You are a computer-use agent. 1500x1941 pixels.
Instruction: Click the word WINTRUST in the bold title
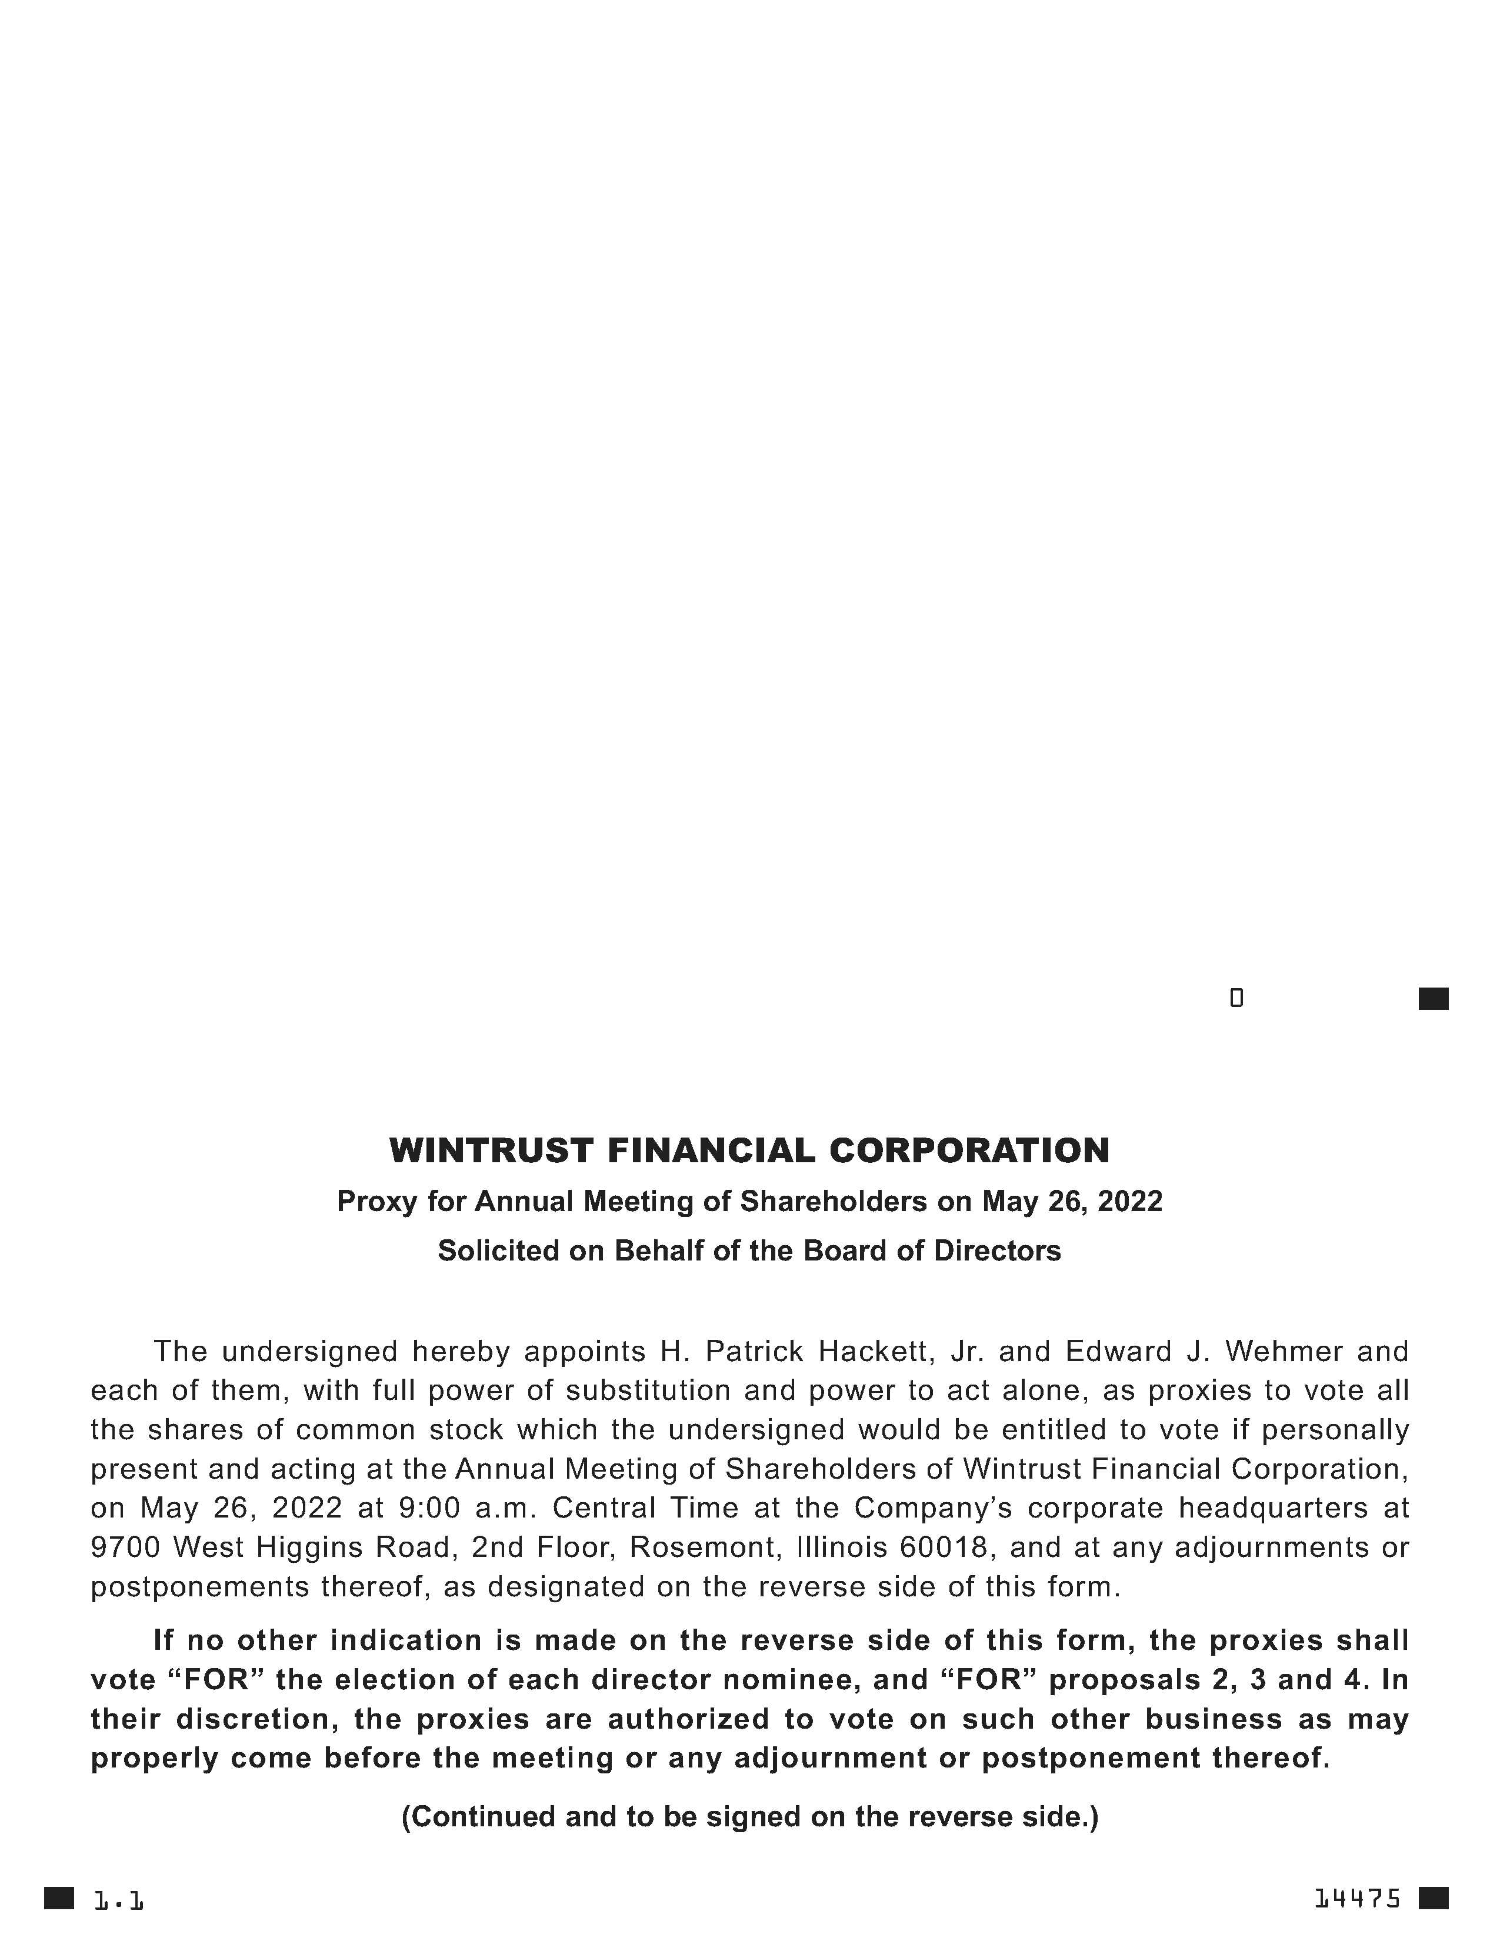click(x=491, y=1151)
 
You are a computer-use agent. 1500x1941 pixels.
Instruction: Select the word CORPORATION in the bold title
click(x=969, y=1151)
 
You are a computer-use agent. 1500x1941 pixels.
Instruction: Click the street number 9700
click(x=124, y=1548)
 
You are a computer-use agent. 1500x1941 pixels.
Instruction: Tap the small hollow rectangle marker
click(x=1236, y=998)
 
